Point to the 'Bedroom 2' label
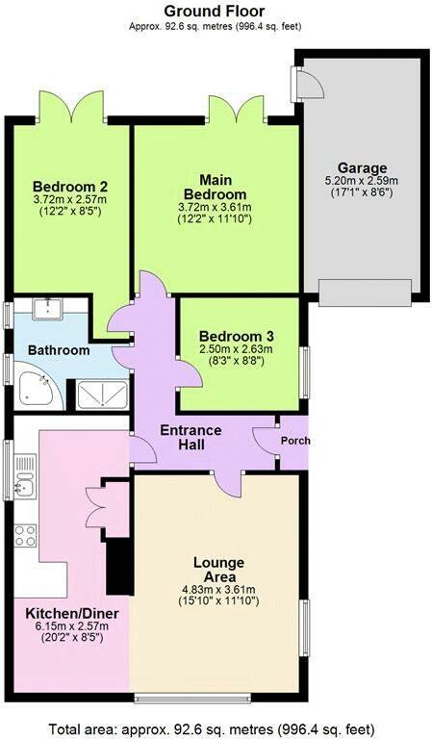(69, 187)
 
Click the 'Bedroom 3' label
(237, 336)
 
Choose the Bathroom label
(58, 351)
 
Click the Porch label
(295, 442)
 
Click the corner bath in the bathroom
(36, 388)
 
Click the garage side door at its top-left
(310, 87)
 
